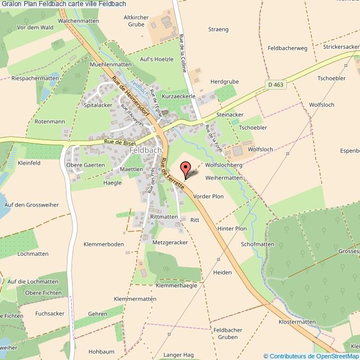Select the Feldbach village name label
click(x=146, y=150)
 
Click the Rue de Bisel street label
click(x=119, y=143)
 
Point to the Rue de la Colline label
click(x=182, y=53)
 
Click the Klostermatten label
click(x=297, y=322)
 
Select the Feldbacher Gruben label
click(x=228, y=333)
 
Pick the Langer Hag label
click(x=178, y=354)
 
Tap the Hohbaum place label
click(x=101, y=352)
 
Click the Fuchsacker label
click(x=50, y=313)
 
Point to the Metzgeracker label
click(x=170, y=243)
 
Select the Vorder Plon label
click(x=209, y=197)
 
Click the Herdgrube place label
click(x=225, y=81)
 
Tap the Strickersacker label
click(x=342, y=47)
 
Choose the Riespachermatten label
click(x=35, y=79)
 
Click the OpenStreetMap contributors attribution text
click(x=311, y=356)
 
